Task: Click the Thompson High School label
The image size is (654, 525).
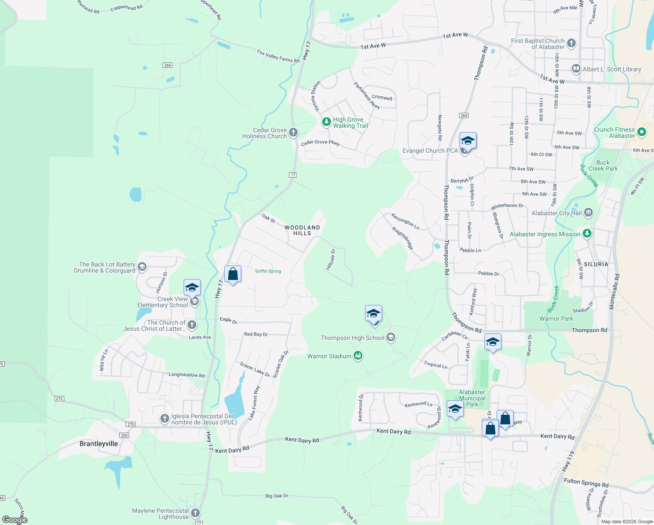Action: click(x=352, y=338)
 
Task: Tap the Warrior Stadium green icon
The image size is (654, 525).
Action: click(x=358, y=356)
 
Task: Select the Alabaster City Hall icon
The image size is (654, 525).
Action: click(x=588, y=213)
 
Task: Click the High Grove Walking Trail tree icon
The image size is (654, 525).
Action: click(x=326, y=122)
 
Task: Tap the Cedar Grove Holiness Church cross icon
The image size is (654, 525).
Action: click(x=293, y=133)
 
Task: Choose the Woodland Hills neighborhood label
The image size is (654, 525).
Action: click(x=302, y=230)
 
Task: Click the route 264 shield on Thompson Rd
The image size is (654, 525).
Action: click(x=464, y=115)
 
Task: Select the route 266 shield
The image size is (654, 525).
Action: click(x=167, y=65)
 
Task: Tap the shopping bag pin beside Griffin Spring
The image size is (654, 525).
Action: click(x=233, y=275)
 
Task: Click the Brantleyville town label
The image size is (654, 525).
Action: click(x=98, y=444)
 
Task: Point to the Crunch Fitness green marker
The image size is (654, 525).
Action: click(x=642, y=132)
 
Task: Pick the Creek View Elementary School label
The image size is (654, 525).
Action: click(x=163, y=302)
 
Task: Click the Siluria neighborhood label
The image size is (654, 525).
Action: click(x=596, y=264)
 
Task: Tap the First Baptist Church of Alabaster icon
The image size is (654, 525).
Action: click(x=571, y=43)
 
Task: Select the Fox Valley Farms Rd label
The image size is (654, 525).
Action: click(x=278, y=56)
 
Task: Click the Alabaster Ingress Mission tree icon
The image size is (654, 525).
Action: click(x=587, y=234)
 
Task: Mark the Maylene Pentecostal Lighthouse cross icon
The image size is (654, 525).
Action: click(x=195, y=513)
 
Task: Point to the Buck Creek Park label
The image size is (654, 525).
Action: click(x=603, y=165)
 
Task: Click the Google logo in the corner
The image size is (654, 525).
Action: click(x=15, y=520)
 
